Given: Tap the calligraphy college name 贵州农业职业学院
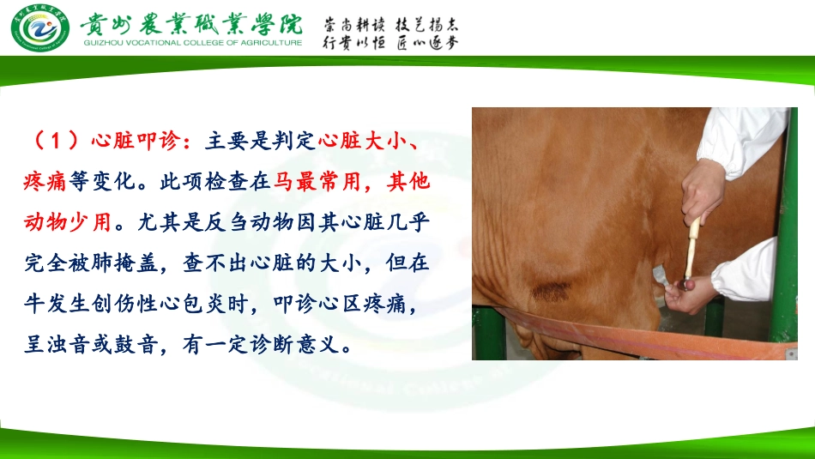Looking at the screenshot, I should pos(191,23).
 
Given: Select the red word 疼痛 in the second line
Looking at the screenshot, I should pos(44,182).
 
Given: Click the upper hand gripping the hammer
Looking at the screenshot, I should pos(705,192).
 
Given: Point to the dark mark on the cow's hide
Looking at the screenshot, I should pos(552,292).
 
